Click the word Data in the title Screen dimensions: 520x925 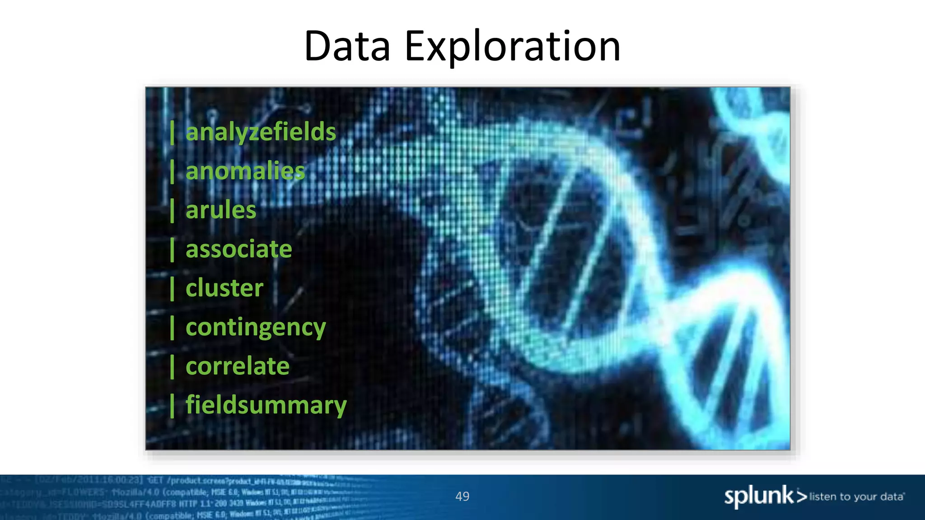tap(347, 46)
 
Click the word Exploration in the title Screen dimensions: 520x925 tap(512, 46)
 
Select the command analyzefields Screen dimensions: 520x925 tap(261, 132)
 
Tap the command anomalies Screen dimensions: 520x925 tap(245, 171)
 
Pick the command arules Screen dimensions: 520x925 tap(221, 210)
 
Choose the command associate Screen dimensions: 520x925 tap(238, 249)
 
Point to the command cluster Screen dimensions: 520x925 tap(224, 288)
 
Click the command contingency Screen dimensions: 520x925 tap(255, 327)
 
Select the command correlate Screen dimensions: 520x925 tap(237, 366)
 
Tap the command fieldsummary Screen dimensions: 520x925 tap(266, 405)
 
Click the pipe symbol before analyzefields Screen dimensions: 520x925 tap(172, 132)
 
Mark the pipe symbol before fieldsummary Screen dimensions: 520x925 tap(172, 405)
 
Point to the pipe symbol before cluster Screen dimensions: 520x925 tap(172, 288)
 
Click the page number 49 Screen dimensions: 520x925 tap(462, 497)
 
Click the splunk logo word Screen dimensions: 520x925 tap(759, 496)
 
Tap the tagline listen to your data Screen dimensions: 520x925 tap(856, 497)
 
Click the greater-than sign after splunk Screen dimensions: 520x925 tap(802, 497)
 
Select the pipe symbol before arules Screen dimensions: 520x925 tap(172, 210)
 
